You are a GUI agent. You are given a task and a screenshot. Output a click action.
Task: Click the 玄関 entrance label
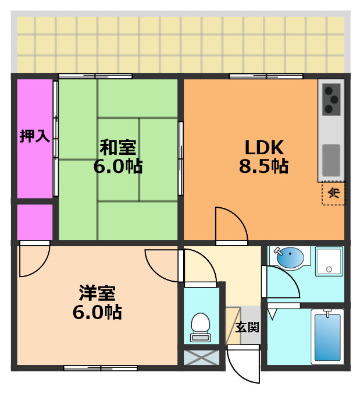(247, 327)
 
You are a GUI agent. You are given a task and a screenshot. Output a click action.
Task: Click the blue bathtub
(327, 336)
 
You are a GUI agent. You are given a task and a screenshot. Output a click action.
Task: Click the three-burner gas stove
(332, 99)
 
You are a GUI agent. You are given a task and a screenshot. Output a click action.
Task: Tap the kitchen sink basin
(331, 159)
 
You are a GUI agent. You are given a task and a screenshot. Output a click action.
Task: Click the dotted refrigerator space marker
(333, 194)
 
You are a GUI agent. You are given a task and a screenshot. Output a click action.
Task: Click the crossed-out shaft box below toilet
(201, 356)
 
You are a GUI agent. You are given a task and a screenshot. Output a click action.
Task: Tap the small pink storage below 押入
(34, 221)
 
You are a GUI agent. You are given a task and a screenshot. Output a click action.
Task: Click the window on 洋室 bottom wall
(100, 367)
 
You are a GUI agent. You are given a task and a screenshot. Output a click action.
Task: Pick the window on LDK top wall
(266, 76)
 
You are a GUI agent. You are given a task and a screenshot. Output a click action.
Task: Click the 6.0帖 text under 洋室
(97, 312)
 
